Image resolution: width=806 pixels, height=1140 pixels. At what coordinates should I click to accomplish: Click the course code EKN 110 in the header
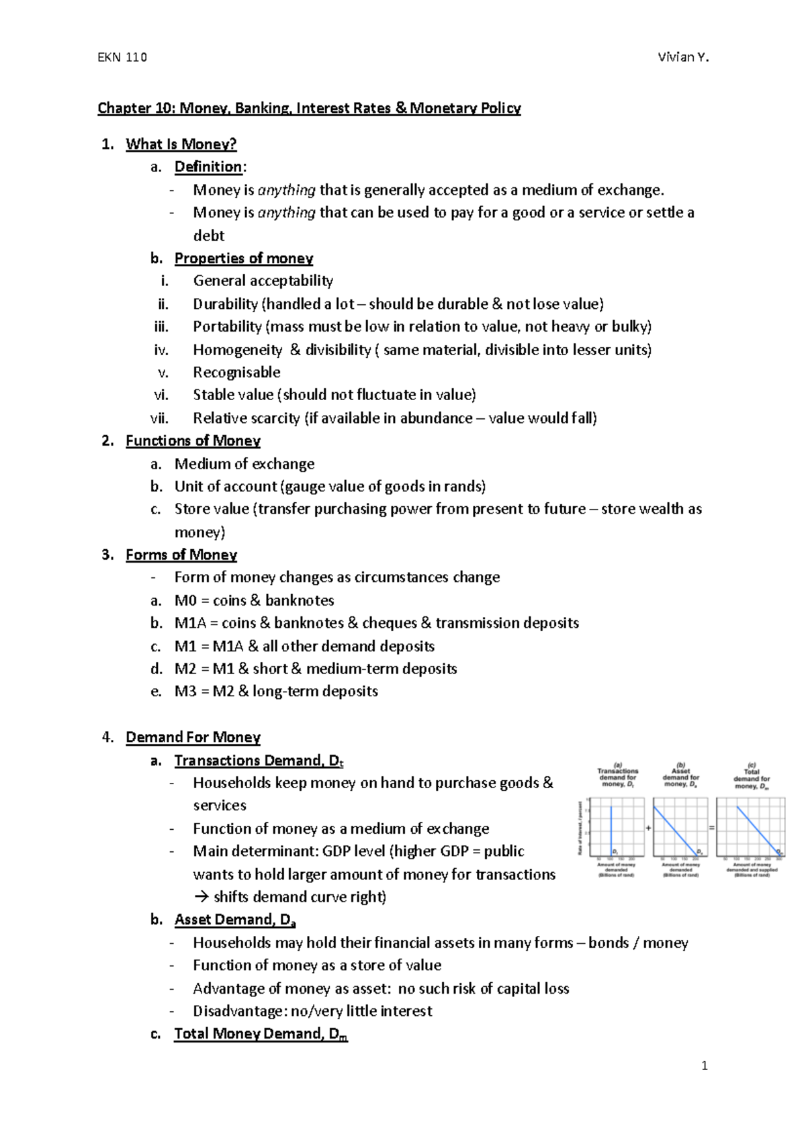[x=122, y=57]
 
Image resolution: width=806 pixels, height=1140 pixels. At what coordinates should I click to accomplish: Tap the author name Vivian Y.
[x=683, y=57]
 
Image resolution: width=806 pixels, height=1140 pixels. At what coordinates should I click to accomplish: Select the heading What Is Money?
[x=181, y=144]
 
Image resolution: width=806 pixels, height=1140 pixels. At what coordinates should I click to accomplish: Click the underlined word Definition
[x=208, y=167]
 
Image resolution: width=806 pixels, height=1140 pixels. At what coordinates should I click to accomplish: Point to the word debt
[x=208, y=236]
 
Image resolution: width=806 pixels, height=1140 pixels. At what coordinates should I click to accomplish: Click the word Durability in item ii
[x=225, y=304]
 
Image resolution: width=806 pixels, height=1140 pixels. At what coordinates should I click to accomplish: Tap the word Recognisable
[x=236, y=373]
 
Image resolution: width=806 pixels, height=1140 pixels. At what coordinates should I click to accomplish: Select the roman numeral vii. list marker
[x=159, y=418]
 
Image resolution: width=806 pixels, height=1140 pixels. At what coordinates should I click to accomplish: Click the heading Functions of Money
[x=193, y=441]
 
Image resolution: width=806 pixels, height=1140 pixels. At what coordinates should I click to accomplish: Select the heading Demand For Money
[x=193, y=737]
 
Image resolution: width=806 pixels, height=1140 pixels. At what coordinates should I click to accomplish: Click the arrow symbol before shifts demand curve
[x=201, y=898]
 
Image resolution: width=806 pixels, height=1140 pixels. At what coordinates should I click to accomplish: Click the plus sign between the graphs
[x=649, y=828]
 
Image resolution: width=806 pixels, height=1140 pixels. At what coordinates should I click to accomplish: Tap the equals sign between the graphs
[x=712, y=828]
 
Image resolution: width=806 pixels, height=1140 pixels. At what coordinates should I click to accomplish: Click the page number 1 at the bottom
[x=704, y=1065]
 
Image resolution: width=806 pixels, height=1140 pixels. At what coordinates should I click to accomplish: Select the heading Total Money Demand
[x=261, y=1034]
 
